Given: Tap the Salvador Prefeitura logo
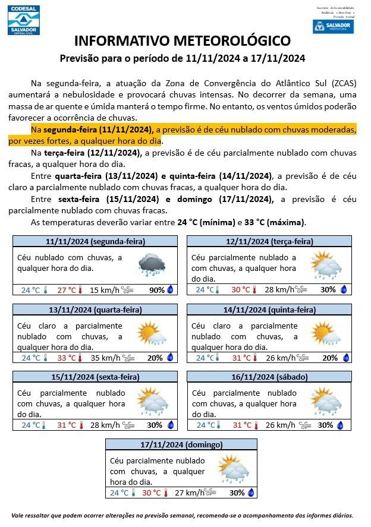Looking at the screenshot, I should (333, 26).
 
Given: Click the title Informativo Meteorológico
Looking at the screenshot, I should (183, 41).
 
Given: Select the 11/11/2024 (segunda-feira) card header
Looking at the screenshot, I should (95, 241).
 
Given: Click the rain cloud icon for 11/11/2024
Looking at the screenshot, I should (152, 265).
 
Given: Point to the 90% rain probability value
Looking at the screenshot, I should (157, 290).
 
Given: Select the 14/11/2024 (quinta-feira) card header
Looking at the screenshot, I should (269, 310).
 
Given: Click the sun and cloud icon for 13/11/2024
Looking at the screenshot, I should (151, 334).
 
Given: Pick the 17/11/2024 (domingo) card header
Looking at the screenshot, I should (181, 444).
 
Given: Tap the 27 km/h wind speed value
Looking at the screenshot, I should (190, 493).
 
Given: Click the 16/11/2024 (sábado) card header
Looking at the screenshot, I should (269, 377).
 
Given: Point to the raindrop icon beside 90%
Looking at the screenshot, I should (170, 290).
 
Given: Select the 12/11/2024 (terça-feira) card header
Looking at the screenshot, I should (269, 241).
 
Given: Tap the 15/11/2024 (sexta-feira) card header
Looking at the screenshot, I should (95, 377).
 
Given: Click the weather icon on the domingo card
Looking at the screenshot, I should (233, 468).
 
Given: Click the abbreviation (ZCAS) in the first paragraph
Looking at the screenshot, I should (340, 83).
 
